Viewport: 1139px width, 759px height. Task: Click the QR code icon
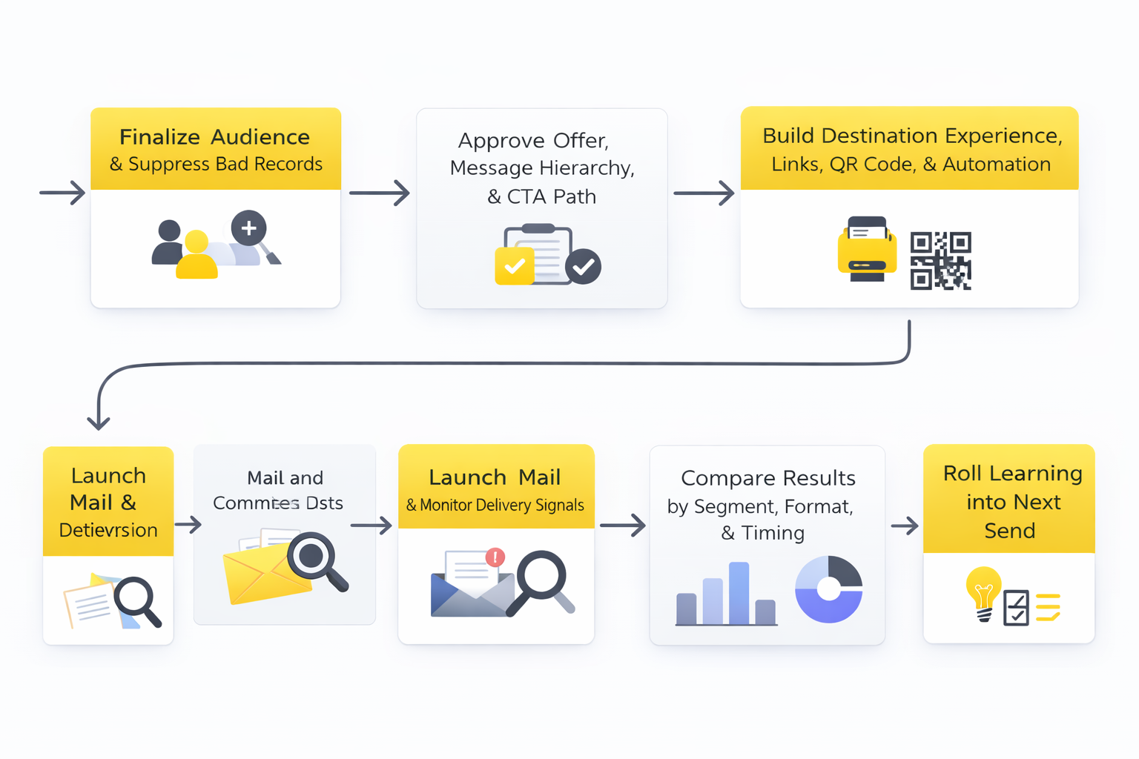point(940,260)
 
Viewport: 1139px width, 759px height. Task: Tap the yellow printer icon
point(866,251)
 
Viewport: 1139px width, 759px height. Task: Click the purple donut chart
point(828,589)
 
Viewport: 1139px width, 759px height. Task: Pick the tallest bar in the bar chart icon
point(739,593)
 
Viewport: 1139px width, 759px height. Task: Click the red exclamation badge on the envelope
point(495,557)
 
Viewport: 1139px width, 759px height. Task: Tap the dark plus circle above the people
point(248,228)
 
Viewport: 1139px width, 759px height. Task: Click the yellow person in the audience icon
point(197,256)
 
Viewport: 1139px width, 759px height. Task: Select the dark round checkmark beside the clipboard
point(584,266)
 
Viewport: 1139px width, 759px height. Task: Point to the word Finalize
point(159,137)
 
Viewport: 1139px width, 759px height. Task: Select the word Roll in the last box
point(962,473)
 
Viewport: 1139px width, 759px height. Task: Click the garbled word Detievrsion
point(108,530)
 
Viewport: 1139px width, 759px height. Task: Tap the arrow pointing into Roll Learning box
point(905,526)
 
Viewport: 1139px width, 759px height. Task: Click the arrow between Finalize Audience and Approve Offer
point(380,193)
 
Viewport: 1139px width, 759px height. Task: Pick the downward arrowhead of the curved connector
point(99,422)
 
